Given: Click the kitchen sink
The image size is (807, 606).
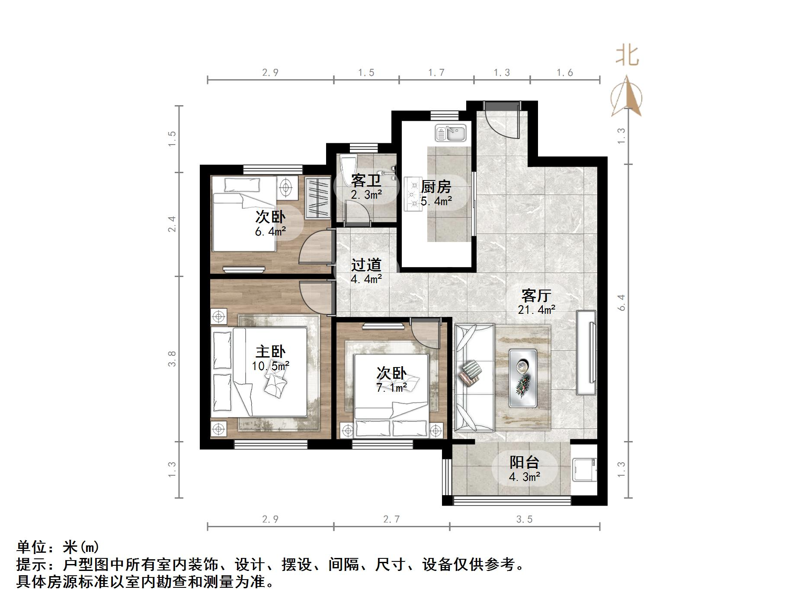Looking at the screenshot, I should (451, 133).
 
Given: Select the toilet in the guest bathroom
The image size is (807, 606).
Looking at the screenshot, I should (348, 167).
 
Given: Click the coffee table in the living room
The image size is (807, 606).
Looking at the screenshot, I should (522, 378).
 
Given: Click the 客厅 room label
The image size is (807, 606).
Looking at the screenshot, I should (536, 296).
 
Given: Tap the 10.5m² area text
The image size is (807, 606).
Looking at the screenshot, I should (270, 366).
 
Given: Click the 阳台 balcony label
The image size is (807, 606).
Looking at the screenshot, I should (524, 462).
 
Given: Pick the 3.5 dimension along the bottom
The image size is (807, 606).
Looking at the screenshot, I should (524, 519).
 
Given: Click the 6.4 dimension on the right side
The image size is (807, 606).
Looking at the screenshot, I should (621, 303).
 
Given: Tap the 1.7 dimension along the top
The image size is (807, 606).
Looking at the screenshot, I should (436, 73).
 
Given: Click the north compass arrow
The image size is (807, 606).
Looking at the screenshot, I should (627, 97).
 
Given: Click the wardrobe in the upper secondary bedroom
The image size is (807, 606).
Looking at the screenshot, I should (317, 197).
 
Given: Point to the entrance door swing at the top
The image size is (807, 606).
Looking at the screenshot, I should (502, 121).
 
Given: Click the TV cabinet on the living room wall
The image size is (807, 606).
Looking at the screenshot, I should (586, 352).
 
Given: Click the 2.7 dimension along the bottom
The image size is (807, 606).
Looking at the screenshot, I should (391, 519).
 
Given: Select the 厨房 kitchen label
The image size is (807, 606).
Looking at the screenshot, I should (436, 187).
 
